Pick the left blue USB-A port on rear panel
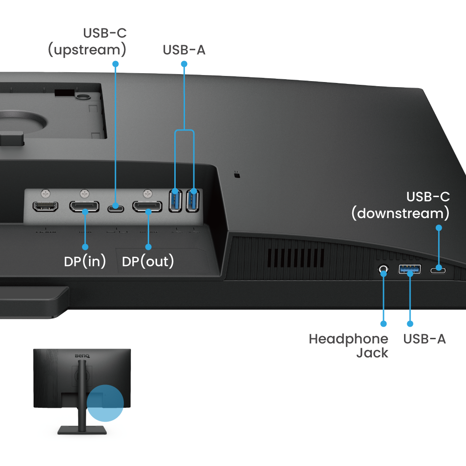pyautogui.click(x=175, y=200)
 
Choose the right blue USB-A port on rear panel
pyautogui.click(x=192, y=200)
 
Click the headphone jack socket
pyautogui.click(x=384, y=269)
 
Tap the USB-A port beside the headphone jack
pyautogui.click(x=410, y=269)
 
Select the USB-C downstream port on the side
pyautogui.click(x=438, y=270)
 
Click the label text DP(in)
pyautogui.click(x=85, y=261)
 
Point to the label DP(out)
pyautogui.click(x=148, y=261)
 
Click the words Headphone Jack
pyautogui.click(x=349, y=345)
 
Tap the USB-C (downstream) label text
pyautogui.click(x=400, y=205)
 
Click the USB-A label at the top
pyautogui.click(x=184, y=50)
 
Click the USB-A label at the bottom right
pyautogui.click(x=425, y=339)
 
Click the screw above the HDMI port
pyautogui.click(x=45, y=192)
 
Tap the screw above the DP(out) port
pyautogui.click(x=148, y=192)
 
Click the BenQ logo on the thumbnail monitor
pyautogui.click(x=82, y=356)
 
